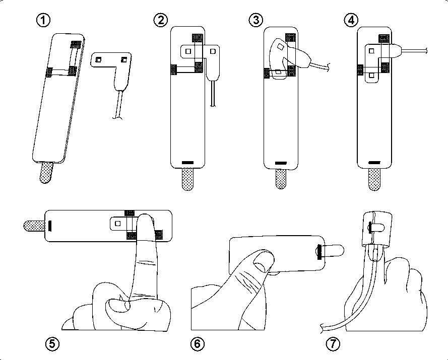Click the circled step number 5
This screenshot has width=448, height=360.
pyautogui.click(x=51, y=344)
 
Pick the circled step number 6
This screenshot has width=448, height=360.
pyautogui.click(x=198, y=344)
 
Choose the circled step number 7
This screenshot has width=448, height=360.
pyautogui.click(x=333, y=344)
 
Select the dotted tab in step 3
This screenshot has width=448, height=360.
pyautogui.click(x=282, y=178)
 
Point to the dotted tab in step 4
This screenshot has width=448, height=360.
pyautogui.click(x=375, y=179)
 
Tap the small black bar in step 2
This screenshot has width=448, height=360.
pyautogui.click(x=187, y=162)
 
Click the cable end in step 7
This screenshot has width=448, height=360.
pyautogui.click(x=321, y=330)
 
